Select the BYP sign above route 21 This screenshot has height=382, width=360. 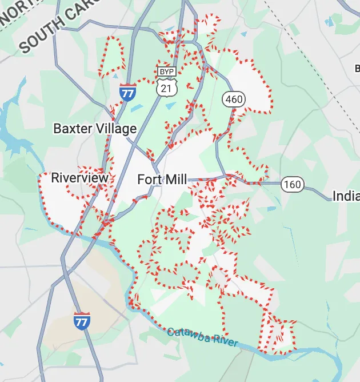coord(166,71)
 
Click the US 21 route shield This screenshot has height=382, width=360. coord(166,86)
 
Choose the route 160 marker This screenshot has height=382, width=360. coord(292,184)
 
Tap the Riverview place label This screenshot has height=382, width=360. coord(79,178)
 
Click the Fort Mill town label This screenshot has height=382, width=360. coord(162,180)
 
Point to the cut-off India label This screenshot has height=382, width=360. coord(346,196)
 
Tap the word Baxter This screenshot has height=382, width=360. coord(73,128)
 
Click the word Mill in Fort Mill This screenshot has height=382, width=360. coord(175,180)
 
